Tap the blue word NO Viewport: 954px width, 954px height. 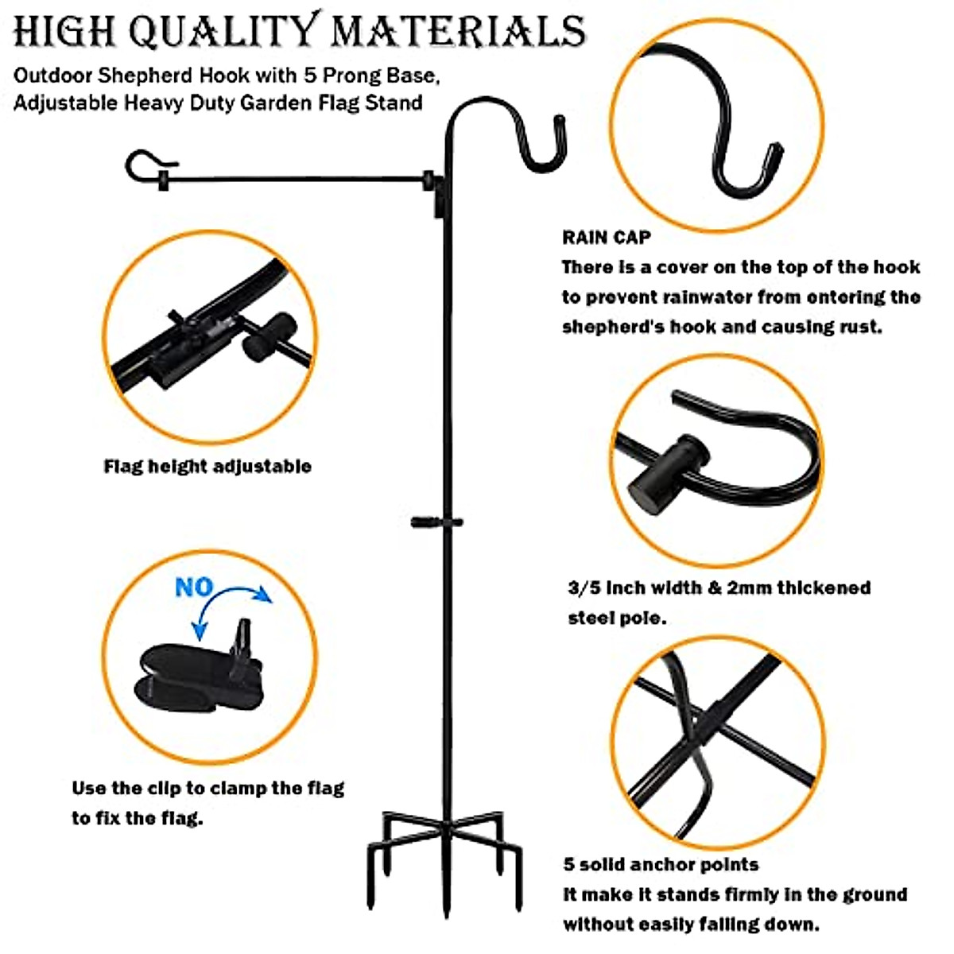click(x=194, y=588)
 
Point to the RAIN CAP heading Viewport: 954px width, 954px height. click(x=606, y=237)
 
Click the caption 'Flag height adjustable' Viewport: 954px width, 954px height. click(x=207, y=466)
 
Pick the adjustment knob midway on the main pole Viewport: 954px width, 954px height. click(x=436, y=522)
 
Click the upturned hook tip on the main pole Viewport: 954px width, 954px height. click(x=560, y=135)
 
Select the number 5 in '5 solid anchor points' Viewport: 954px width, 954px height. click(x=569, y=865)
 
